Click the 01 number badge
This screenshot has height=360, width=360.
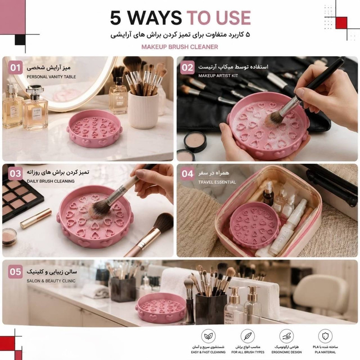click(x=15, y=67)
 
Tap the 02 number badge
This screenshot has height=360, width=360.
click(x=187, y=67)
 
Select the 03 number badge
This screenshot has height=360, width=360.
click(x=15, y=173)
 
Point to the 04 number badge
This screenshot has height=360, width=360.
click(x=187, y=174)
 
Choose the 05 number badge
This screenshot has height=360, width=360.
click(x=15, y=272)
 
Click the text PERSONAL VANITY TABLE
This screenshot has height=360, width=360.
click(x=51, y=77)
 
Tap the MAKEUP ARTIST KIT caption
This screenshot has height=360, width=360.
click(x=218, y=76)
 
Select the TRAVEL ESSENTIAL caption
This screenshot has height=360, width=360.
click(x=217, y=182)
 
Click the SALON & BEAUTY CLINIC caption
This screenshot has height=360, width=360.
click(x=51, y=281)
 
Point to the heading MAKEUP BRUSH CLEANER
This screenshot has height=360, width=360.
click(x=180, y=47)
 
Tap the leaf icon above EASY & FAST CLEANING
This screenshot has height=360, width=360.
click(x=208, y=336)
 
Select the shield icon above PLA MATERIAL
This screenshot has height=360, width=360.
click(x=325, y=336)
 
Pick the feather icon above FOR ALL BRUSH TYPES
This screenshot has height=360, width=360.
click(x=248, y=336)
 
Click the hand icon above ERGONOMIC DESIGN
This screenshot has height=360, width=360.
click(x=287, y=336)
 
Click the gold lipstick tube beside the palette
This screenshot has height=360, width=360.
click(x=36, y=218)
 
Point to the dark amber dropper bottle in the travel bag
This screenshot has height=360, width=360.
click(x=268, y=194)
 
